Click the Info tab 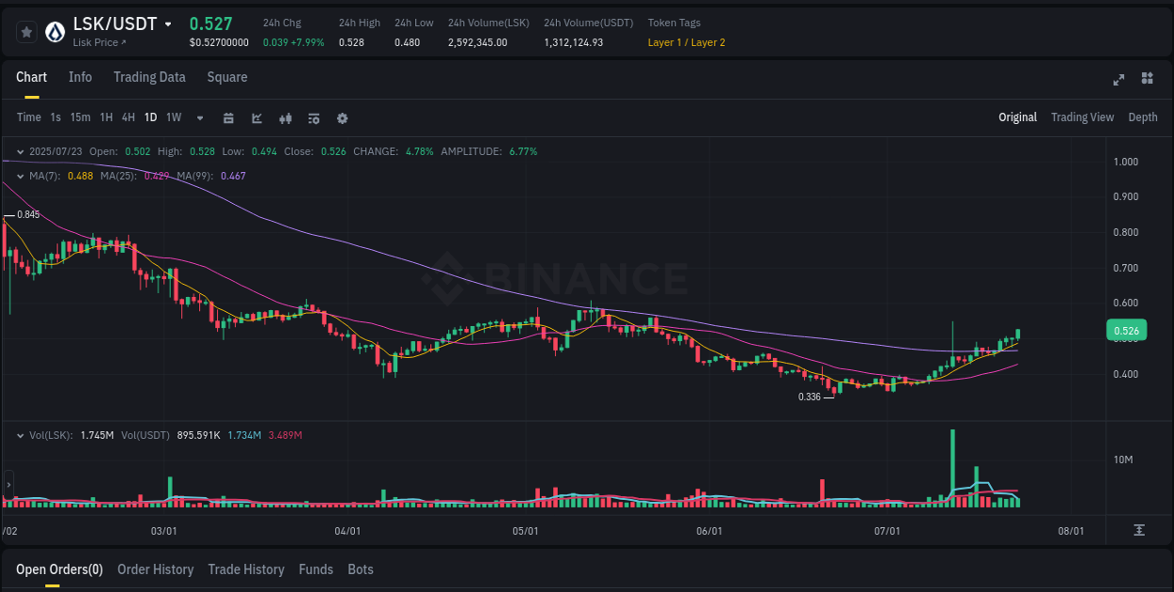80,77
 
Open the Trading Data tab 149,77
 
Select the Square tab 227,77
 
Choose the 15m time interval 80,117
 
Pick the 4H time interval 128,117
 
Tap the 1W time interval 174,117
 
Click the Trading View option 1082,117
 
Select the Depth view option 1142,117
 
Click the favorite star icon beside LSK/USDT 26,32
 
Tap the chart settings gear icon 342,118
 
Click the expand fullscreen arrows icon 1119,79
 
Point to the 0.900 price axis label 1125,197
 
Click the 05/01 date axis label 525,531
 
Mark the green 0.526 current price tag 1126,331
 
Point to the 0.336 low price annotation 810,397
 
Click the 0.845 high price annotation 28,215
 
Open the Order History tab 155,569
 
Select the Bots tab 360,569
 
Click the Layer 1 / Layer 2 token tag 686,42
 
